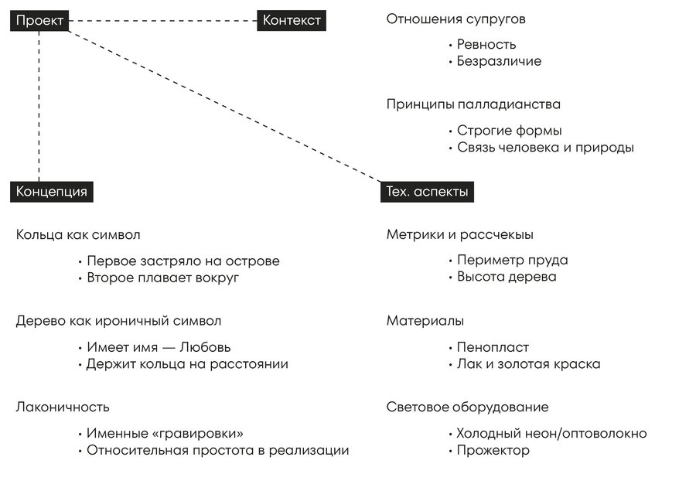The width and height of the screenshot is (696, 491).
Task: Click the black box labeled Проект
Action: click(39, 21)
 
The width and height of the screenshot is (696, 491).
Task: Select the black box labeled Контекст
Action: click(292, 21)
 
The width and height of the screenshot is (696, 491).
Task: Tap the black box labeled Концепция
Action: click(52, 192)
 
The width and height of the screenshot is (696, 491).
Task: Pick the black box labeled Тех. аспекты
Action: click(427, 192)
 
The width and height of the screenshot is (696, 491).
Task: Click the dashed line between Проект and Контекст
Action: click(162, 21)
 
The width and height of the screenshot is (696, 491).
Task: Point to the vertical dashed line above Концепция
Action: click(39, 108)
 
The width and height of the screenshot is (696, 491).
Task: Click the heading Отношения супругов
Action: click(461, 19)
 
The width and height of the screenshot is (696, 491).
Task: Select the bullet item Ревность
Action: click(486, 44)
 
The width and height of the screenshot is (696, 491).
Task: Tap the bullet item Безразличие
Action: click(499, 61)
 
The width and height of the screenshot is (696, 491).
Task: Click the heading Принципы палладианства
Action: click(473, 104)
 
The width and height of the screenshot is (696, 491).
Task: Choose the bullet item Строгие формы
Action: click(509, 131)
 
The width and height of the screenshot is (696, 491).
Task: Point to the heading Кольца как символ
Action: click(78, 234)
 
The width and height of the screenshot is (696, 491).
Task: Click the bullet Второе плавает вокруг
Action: click(162, 278)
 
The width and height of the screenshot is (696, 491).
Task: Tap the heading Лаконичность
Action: click(63, 407)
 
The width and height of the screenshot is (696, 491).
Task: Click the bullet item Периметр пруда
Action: click(512, 261)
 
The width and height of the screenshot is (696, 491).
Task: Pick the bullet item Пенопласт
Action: click(493, 347)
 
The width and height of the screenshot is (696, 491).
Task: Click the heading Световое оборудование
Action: click(467, 407)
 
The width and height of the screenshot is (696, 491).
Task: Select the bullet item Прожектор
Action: click(493, 450)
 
